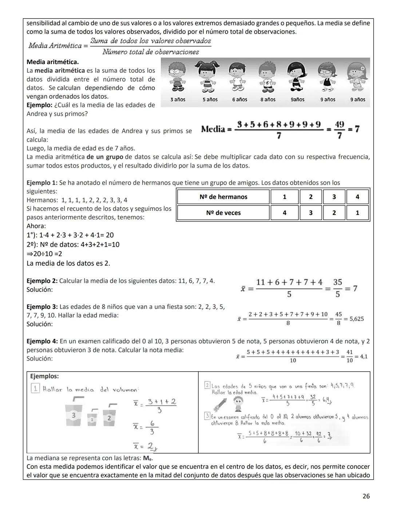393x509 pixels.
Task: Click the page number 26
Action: click(366, 496)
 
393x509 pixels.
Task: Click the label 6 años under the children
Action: click(239, 99)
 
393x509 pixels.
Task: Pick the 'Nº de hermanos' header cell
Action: click(223, 197)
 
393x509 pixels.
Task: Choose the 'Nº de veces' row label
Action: click(223, 213)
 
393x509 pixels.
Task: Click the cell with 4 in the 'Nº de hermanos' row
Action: click(357, 197)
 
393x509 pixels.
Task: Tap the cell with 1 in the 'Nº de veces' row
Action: click(357, 213)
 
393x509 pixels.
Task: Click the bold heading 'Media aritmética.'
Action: click(52, 62)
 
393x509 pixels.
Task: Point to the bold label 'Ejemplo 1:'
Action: click(42, 183)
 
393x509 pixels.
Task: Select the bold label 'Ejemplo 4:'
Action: click(42, 341)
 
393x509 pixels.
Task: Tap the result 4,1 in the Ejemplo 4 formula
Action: click(364, 357)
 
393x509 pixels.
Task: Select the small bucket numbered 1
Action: click(92, 419)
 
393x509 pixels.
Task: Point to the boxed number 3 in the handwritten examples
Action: click(207, 415)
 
